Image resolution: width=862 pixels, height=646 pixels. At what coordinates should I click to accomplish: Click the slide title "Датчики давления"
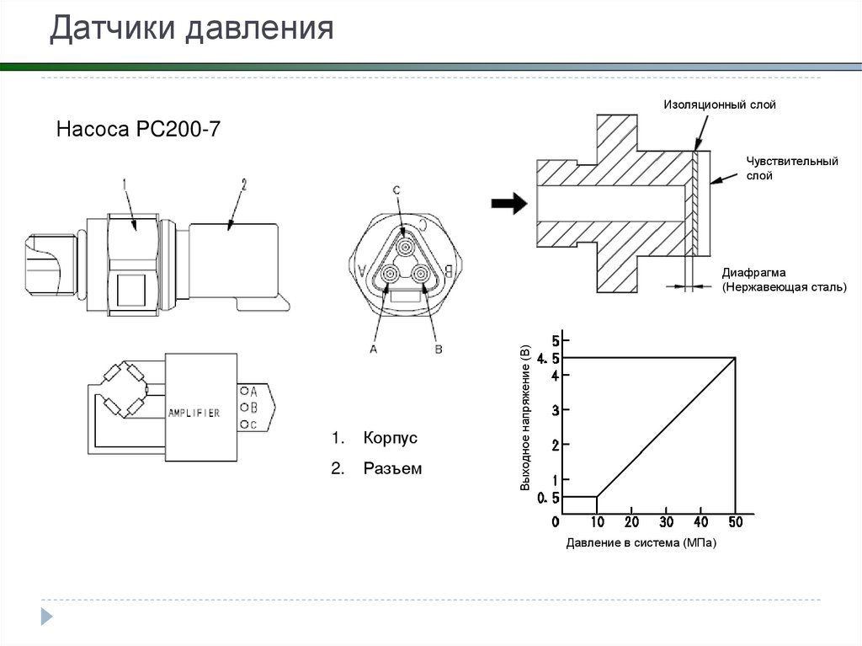(192, 29)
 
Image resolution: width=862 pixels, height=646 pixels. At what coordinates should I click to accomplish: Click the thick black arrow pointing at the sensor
(508, 202)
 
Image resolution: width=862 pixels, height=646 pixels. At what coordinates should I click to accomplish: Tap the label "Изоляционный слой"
(719, 105)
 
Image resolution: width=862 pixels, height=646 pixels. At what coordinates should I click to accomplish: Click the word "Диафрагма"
(753, 272)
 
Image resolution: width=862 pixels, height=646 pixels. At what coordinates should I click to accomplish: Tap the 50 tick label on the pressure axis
(735, 523)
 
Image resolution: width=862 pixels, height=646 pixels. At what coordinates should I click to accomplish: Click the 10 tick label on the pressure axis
(597, 523)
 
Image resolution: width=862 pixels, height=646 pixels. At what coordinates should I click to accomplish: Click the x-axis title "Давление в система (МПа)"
(641, 543)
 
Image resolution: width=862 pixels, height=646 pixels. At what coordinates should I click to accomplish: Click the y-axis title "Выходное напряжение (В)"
(524, 418)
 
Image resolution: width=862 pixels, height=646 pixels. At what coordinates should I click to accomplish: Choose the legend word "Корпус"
(391, 439)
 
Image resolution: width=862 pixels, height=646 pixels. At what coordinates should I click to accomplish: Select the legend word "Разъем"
(392, 468)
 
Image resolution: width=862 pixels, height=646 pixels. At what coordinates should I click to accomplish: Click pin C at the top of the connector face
(403, 244)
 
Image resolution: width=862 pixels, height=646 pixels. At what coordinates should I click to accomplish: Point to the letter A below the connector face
(373, 348)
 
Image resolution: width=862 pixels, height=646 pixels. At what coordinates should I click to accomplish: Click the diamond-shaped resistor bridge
(124, 389)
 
